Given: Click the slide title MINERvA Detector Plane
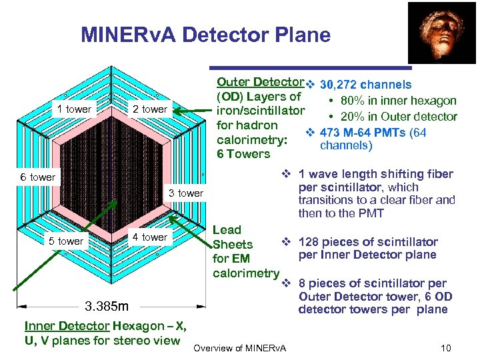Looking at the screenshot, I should coord(205,35).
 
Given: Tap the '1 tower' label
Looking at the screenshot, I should coord(74,109).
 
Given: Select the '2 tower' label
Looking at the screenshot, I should coord(150,109).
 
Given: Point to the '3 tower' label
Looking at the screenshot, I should coord(186,193).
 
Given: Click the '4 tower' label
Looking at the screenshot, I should coord(150,237).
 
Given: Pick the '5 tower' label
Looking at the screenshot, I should coord(66,241).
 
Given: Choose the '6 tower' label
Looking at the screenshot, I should coord(38,177).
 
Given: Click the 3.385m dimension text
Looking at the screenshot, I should coord(107,307).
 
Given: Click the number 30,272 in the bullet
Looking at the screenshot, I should coord(341,85).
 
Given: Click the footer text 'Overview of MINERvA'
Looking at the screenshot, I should coord(239,347).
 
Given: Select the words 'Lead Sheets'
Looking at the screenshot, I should coord(233,237).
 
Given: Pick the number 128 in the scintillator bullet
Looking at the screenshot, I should coord(309,242).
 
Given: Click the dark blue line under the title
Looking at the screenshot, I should coord(311,67).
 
